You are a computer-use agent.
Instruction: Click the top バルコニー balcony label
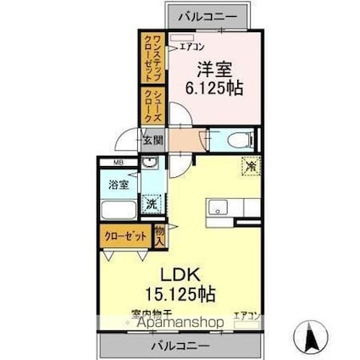tap(207, 15)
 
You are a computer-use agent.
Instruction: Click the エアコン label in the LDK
tap(246, 314)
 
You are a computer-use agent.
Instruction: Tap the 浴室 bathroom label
tap(117, 182)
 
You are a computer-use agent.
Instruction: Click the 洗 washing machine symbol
tap(150, 203)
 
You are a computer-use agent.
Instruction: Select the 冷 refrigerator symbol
tap(251, 167)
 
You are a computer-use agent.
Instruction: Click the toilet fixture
tap(235, 140)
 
